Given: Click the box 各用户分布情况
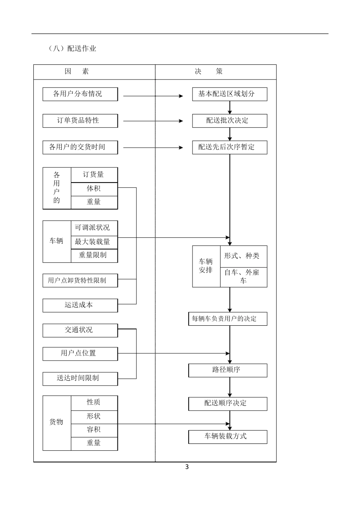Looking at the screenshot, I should tap(80, 94).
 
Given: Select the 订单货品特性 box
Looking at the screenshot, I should tap(80, 120).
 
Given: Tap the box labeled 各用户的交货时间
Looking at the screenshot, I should tap(80, 147).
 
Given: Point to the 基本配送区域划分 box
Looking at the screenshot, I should tap(229, 94).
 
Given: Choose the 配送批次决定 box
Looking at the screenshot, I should tap(229, 120).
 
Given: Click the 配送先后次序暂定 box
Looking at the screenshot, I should tap(229, 147).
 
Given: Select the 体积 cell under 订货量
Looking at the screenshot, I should tap(94, 189).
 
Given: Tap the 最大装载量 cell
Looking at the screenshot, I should tap(94, 242).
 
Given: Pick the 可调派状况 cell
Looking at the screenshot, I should tap(94, 228).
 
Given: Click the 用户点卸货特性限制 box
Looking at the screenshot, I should tap(80, 281).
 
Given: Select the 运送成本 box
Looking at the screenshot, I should tap(80, 305).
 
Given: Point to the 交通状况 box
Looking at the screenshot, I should tap(80, 330).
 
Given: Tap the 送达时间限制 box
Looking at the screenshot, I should tap(80, 378).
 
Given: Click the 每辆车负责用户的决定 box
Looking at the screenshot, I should tap(227, 319).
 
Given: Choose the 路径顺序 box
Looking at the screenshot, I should tap(227, 370).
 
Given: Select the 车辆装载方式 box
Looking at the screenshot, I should tap(227, 437).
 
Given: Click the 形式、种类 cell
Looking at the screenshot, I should tap(243, 256).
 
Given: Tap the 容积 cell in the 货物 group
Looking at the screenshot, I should tap(94, 430).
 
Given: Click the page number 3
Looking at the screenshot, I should tap(187, 467).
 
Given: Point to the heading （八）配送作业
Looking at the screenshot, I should tap(72, 48).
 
